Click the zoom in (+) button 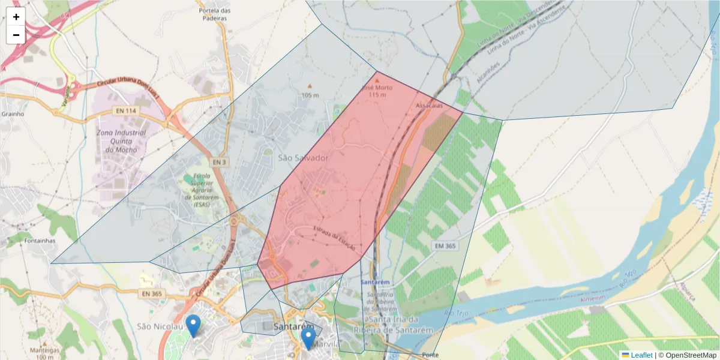tap(16, 17)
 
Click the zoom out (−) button tap(16, 35)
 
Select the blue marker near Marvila tap(308, 338)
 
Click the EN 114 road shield tap(122, 110)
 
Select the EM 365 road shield tap(443, 247)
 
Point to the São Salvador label tap(303, 158)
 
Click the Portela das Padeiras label tap(215, 14)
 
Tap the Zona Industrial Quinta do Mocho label tap(121, 141)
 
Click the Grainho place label tap(13, 113)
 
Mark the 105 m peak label tap(310, 95)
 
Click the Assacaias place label tap(429, 105)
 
